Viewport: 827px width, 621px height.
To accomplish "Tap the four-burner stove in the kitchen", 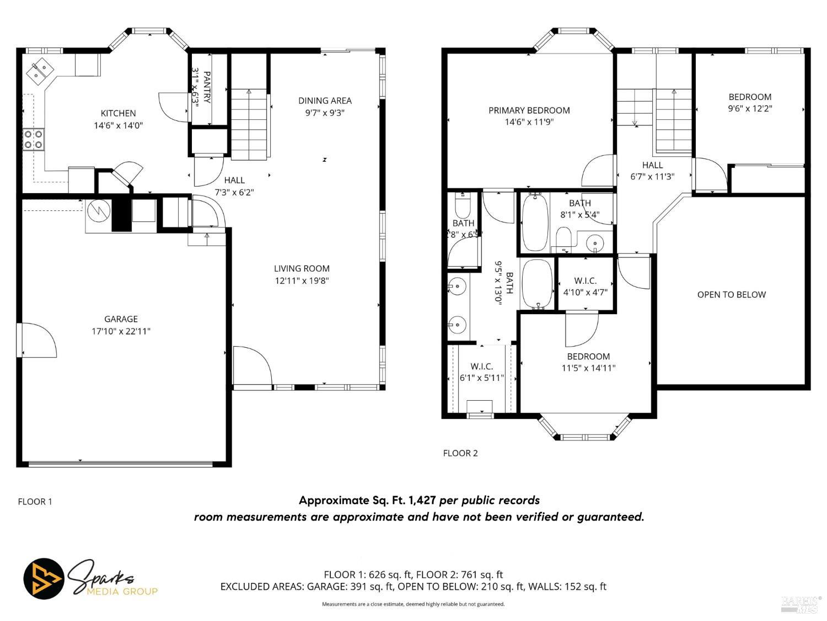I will point(33,139).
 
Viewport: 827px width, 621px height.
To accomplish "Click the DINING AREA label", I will point(325,100).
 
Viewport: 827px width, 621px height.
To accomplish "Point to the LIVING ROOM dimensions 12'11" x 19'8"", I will point(302,280).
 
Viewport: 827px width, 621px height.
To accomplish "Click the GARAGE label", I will point(121,319).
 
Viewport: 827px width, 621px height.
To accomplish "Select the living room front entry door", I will point(251,365).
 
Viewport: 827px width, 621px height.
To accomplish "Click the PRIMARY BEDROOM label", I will point(529,110).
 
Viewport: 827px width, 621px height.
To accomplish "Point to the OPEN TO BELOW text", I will point(731,294).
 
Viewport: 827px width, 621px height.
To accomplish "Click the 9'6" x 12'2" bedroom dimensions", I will point(749,109).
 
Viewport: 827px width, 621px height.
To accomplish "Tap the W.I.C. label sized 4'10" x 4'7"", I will point(585,281).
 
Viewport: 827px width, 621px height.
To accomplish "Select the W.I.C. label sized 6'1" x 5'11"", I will point(481,367).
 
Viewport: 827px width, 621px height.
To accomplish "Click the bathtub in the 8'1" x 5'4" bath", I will point(534,221).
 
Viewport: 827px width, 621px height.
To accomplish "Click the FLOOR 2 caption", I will point(460,453).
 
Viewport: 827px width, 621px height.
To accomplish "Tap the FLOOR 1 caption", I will point(35,502).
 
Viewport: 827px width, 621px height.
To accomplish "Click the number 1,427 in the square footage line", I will point(422,501).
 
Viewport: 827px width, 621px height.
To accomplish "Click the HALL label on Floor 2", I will point(652,165).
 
